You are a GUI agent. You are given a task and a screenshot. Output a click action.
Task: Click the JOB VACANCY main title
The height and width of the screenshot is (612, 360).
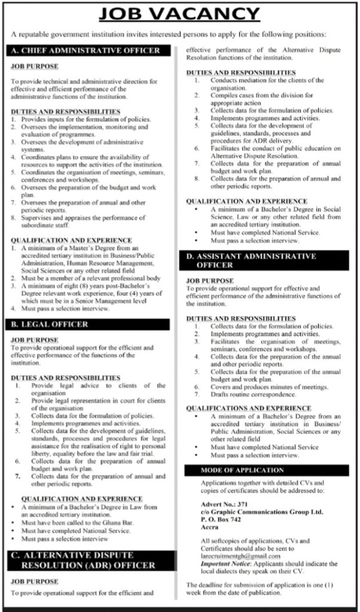tap(179, 13)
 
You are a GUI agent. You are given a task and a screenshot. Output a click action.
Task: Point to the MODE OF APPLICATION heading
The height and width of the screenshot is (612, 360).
tap(242, 470)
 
